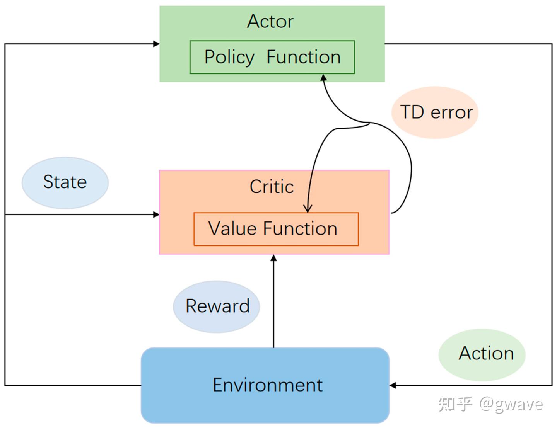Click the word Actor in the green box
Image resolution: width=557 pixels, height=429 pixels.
coord(270,21)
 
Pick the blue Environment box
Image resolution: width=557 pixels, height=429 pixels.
coord(265,385)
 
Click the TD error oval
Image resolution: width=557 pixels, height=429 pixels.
coord(435,112)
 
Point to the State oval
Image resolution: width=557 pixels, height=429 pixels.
coord(65,182)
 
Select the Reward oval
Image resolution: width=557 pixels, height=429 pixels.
coord(217,306)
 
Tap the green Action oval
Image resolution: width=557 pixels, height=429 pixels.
coord(482,355)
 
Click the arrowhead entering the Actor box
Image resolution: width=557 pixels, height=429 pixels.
coord(156,44)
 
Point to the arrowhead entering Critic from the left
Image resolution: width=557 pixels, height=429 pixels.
coord(156,214)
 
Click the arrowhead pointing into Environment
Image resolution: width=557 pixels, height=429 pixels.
coord(393,385)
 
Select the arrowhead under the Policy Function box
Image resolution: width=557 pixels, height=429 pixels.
coord(323,77)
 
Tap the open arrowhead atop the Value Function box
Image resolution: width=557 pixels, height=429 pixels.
coord(308,208)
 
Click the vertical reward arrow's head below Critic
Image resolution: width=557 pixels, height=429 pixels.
coord(274,258)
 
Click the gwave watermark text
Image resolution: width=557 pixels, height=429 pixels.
coord(511,405)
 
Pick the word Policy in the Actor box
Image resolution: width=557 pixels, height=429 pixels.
coord(229,57)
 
